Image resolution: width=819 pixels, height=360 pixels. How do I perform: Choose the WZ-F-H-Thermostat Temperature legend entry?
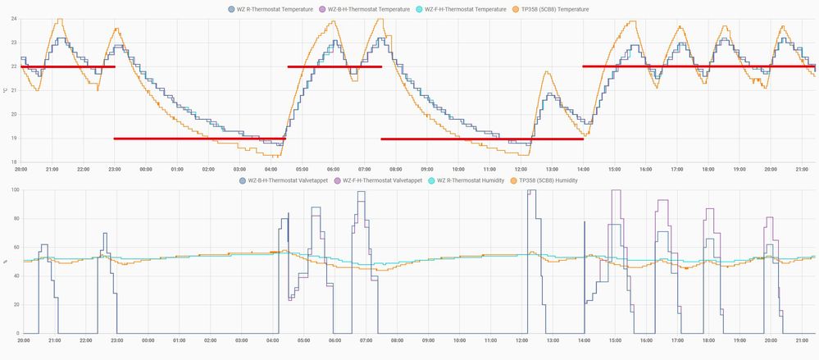pos(467,9)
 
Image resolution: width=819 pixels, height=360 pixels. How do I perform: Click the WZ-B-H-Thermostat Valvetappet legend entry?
pos(286,180)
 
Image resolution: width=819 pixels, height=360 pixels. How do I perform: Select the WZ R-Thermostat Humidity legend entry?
pos(466,180)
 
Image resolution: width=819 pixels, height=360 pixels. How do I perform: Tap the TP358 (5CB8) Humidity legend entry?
pos(544,180)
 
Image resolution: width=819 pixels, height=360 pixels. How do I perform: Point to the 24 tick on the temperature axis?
pos(14,19)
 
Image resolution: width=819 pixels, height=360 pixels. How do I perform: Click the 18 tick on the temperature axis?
pos(14,162)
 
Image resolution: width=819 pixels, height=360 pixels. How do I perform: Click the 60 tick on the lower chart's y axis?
pos(14,247)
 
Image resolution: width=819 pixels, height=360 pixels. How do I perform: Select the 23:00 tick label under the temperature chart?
pos(116,169)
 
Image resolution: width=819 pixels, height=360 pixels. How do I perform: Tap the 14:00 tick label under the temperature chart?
pos(583,169)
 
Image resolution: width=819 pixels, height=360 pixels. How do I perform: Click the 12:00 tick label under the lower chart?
pos(521,340)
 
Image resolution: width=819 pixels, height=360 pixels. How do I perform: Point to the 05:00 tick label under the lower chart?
pos(303,340)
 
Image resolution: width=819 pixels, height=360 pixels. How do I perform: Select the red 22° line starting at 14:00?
pos(697,66)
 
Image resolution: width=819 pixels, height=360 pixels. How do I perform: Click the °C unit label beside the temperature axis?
pos(5,90)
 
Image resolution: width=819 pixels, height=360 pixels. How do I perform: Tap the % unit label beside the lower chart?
pos(5,262)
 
